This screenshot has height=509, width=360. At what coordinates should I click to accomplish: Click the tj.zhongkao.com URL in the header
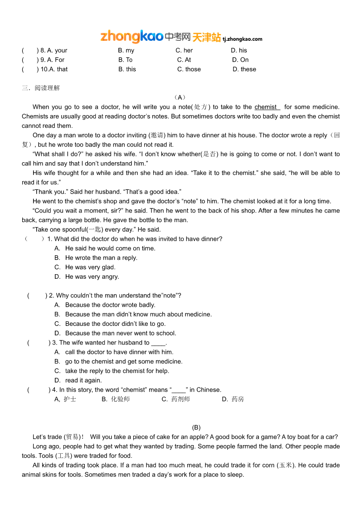243,39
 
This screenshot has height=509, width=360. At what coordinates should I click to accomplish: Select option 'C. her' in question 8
184,50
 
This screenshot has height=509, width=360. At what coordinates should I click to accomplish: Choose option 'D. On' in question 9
240,60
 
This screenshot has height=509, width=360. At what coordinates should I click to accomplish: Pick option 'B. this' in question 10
127,69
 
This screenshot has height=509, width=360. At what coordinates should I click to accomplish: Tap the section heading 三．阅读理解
41,88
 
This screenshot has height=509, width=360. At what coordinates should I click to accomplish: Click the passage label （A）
180,97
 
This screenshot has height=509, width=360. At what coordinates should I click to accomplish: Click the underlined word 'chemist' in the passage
266,107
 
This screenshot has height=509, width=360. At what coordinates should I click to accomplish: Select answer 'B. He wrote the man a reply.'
96,258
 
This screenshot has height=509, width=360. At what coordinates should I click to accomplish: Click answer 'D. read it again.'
78,380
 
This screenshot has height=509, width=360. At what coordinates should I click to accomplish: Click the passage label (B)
196,427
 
